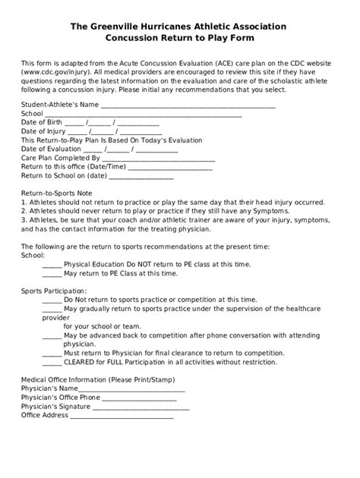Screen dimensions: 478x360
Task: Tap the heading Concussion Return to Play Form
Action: click(x=179, y=36)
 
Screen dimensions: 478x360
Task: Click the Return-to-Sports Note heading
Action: click(x=57, y=193)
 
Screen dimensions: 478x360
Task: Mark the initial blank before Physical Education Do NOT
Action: click(x=52, y=265)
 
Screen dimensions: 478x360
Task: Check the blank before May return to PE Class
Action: click(x=52, y=273)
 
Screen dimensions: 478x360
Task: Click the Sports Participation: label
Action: click(x=54, y=291)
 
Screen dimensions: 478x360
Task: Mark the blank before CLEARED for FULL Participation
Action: click(x=52, y=362)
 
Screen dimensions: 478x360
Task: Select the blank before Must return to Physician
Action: click(x=52, y=354)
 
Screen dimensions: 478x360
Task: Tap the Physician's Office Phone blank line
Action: click(x=134, y=398)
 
